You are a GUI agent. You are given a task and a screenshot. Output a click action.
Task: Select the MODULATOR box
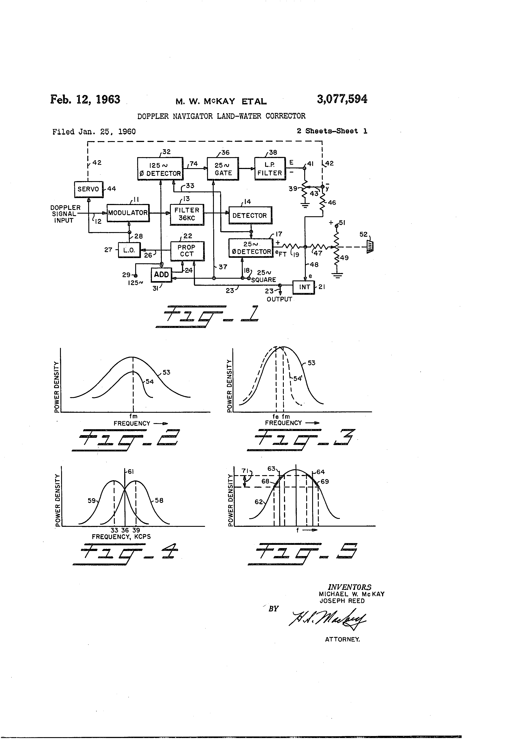[128, 213]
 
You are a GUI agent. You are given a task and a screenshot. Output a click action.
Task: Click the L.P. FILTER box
[270, 169]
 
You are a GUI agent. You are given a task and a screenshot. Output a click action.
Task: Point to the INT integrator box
[304, 287]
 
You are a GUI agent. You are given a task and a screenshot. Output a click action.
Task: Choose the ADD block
[161, 275]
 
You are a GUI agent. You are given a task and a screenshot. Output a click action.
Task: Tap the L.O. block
[129, 250]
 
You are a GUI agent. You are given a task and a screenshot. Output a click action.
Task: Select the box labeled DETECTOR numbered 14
[250, 216]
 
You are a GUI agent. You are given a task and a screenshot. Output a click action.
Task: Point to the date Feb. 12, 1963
[85, 99]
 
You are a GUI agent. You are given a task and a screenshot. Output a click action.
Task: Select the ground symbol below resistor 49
[337, 275]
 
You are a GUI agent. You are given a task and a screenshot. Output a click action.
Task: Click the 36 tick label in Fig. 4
[125, 530]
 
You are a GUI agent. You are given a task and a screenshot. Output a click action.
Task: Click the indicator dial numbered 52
[370, 247]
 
